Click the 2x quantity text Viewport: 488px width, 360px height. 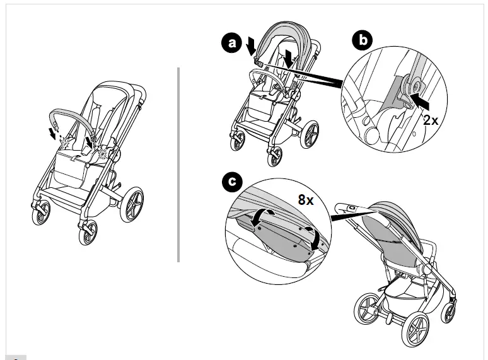[431, 120]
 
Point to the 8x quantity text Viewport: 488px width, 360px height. [306, 201]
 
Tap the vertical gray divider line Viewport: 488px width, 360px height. [179, 164]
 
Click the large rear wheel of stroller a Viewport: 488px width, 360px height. [311, 137]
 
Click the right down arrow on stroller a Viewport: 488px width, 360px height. [289, 59]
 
